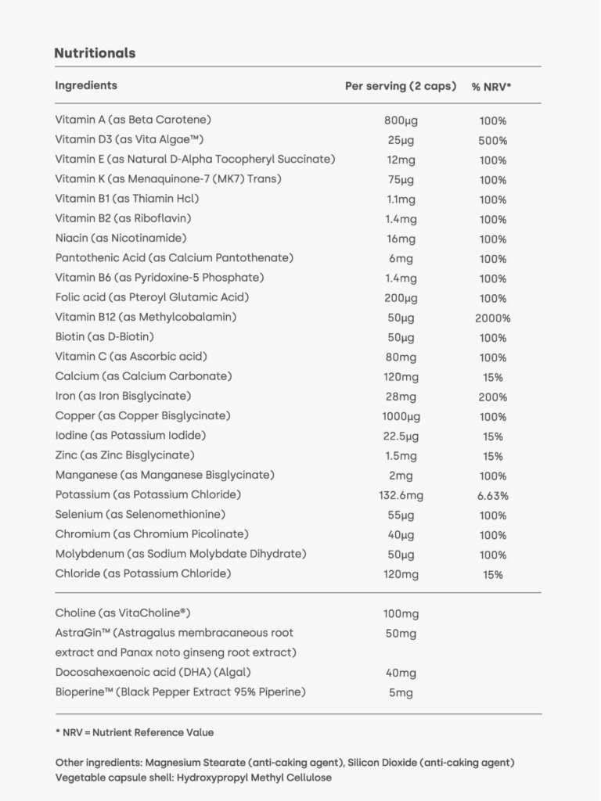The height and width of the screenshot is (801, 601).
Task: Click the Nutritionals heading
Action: [x=95, y=53]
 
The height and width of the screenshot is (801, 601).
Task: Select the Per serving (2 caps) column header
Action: [x=400, y=86]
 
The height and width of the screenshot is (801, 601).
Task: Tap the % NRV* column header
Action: [x=491, y=87]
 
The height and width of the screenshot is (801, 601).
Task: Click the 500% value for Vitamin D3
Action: [x=493, y=141]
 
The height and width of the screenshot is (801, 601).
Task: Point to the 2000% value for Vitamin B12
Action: [x=493, y=318]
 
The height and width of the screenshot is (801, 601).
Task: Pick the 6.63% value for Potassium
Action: [x=493, y=496]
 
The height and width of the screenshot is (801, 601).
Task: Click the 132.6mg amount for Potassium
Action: [x=401, y=496]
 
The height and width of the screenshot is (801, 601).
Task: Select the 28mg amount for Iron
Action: [x=401, y=397]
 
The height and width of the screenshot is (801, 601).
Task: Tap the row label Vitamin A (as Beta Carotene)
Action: [x=133, y=120]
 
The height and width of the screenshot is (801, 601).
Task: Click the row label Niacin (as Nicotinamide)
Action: [x=121, y=239]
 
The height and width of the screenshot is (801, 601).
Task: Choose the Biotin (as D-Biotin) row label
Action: [x=104, y=337]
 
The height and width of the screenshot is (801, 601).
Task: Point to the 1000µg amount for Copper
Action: [x=401, y=417]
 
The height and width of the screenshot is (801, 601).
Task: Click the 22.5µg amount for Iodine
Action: [x=401, y=436]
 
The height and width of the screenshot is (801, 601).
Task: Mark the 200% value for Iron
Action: [x=493, y=397]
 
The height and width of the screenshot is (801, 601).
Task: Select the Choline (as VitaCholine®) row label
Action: [x=123, y=613]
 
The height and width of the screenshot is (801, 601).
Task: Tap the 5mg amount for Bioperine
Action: [x=401, y=693]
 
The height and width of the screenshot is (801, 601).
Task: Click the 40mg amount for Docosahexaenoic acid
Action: [x=401, y=673]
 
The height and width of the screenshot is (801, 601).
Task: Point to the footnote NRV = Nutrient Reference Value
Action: [x=138, y=733]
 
